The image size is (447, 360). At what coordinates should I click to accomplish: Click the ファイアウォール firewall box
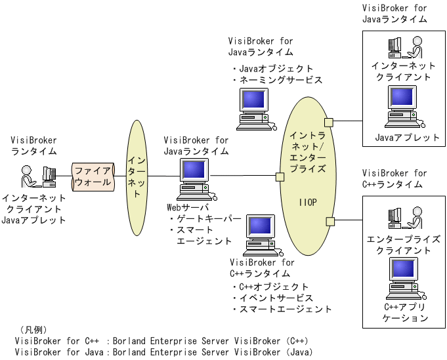point(93,175)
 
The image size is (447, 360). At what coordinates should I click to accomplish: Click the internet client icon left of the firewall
point(37,176)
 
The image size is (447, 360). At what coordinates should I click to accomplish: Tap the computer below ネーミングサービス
point(255,107)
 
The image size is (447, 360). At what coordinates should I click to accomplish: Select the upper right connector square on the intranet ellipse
point(328,122)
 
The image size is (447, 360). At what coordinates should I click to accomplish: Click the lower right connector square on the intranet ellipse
point(330,222)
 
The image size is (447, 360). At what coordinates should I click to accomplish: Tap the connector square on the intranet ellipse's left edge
point(280,176)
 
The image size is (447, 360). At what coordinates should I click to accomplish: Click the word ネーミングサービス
point(280,80)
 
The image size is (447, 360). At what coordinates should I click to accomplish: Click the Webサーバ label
point(187,207)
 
